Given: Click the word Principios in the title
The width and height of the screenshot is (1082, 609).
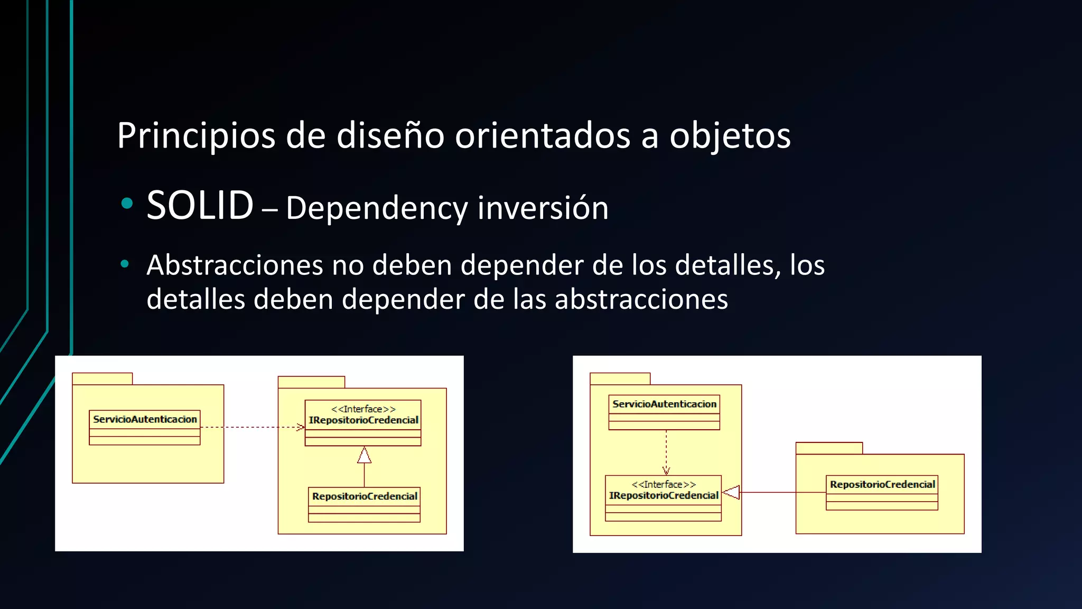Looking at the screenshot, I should (196, 136).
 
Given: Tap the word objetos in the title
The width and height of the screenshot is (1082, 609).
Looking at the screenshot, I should (730, 136).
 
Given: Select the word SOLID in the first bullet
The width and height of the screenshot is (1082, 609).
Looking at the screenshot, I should (200, 206).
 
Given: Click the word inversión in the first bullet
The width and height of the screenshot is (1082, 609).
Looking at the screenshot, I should (543, 208).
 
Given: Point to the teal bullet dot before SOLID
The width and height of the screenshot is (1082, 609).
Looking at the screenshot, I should (127, 204).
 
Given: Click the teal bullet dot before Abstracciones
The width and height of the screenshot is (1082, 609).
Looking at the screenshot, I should (125, 264).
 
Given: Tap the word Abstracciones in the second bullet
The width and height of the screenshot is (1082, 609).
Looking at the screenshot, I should (235, 265).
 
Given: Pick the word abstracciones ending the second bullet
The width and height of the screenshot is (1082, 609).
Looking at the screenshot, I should (641, 300).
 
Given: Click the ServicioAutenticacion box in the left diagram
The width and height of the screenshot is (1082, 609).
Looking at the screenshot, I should (145, 427).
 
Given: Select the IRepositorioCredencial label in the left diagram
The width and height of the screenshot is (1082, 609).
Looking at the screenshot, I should (363, 420).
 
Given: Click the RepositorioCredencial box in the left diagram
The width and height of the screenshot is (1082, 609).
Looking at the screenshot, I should (364, 504).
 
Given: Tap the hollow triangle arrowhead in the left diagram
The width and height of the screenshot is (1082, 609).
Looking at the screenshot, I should (364, 456).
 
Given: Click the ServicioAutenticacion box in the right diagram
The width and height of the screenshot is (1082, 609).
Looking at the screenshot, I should (664, 412).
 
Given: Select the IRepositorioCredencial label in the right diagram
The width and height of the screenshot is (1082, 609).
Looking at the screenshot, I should (664, 496).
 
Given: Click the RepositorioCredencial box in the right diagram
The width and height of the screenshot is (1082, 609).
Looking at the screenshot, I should (882, 492).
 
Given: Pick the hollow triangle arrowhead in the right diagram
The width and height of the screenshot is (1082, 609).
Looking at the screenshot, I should (731, 492).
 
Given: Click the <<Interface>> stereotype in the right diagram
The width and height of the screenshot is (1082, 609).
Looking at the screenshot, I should (664, 484).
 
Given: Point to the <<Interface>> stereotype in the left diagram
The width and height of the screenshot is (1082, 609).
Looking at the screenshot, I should (363, 409).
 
